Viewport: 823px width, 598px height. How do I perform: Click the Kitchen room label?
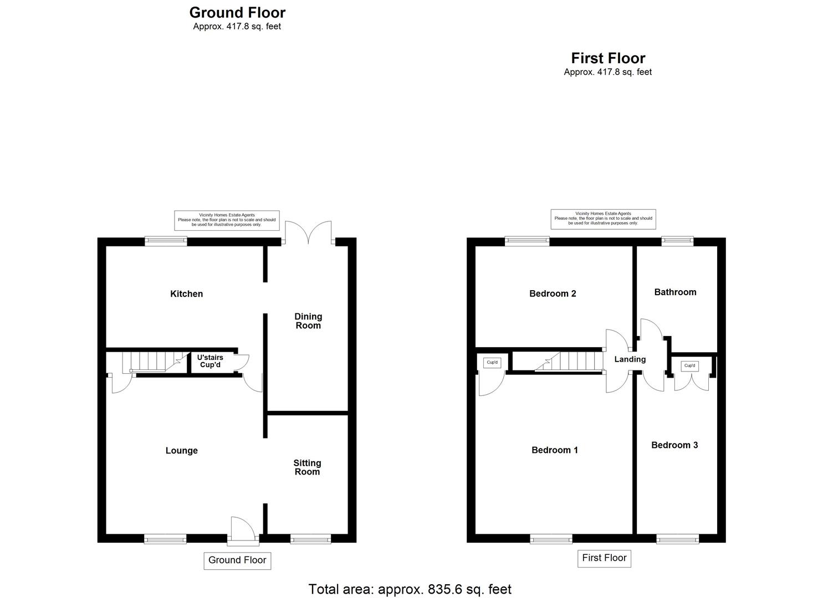pos(186,293)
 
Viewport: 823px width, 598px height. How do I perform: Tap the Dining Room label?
pos(308,321)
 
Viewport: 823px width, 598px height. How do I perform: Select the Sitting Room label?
pos(307,467)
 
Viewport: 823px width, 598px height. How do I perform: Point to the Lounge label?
pos(181,450)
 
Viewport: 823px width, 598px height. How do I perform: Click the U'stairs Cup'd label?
pos(210,361)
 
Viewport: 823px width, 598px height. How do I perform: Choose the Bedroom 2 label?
pos(553,293)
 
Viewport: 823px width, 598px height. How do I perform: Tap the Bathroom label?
pos(675,292)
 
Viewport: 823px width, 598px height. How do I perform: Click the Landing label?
pos(630,359)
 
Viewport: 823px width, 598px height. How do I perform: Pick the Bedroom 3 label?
pos(674,445)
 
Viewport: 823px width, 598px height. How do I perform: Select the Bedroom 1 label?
pos(555,450)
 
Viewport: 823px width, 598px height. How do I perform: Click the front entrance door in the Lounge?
pos(243,530)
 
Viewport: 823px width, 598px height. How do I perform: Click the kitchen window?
pos(166,241)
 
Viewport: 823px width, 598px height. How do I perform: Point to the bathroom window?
pos(677,241)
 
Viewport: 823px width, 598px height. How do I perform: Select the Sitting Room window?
pos(310,539)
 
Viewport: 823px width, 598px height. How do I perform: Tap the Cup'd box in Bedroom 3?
pos(689,365)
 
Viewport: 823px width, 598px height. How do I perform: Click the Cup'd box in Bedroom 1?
pos(492,362)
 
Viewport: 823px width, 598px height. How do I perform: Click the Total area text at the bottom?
pos(410,589)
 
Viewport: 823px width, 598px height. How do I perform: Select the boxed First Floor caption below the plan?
pos(604,558)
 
